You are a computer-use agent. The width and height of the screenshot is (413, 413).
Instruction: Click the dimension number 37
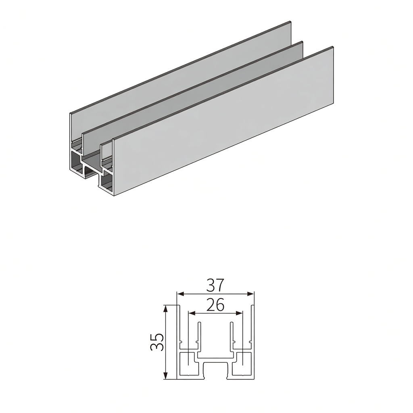(x=215, y=285)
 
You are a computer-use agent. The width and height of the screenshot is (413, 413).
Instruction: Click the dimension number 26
(x=215, y=305)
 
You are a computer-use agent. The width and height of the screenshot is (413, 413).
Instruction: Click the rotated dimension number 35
(x=157, y=342)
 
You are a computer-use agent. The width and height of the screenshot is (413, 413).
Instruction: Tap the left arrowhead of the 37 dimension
(x=180, y=294)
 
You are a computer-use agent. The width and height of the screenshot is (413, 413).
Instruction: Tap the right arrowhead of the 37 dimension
(x=251, y=294)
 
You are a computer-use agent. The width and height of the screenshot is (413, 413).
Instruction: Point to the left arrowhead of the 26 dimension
(x=192, y=313)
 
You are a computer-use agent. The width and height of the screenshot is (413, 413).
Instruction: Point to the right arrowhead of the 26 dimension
(x=239, y=313)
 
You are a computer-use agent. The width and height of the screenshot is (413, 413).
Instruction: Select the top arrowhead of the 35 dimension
(x=166, y=309)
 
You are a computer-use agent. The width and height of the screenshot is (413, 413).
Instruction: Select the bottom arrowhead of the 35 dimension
(x=166, y=376)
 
